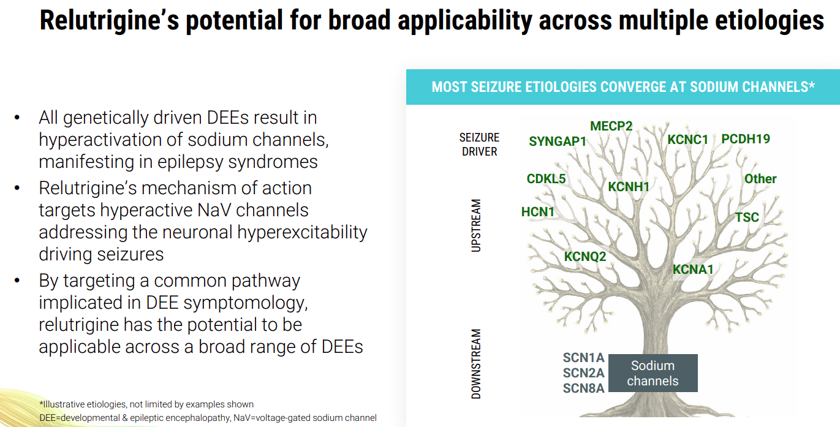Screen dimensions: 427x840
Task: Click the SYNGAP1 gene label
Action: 558,142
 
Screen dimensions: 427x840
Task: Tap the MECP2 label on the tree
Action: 611,126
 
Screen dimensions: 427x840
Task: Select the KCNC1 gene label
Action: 687,140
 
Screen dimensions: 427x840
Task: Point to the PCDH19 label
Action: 746,139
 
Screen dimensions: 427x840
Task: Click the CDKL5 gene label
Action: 546,179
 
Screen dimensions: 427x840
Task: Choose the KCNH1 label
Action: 628,186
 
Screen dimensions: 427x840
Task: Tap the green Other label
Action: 760,179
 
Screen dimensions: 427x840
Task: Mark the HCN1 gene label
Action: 537,212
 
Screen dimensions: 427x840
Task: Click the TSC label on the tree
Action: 747,217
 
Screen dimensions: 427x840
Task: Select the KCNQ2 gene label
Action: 585,257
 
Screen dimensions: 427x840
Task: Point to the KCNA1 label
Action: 692,269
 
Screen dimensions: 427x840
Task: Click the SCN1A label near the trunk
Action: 583,358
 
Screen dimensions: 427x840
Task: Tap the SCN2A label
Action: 583,373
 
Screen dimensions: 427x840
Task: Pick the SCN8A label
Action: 583,388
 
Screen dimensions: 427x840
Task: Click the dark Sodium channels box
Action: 653,373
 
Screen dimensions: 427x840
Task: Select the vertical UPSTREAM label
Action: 476,225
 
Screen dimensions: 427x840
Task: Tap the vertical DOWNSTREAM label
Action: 476,365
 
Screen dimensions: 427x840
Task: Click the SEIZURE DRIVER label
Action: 479,145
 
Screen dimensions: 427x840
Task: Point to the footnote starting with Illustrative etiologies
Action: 146,404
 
